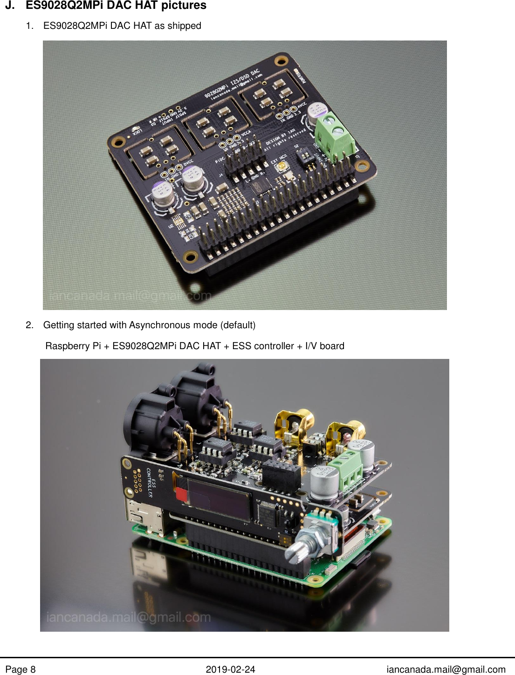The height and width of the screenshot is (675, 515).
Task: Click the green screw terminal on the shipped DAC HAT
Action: click(334, 135)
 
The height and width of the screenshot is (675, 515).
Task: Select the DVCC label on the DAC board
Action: click(188, 162)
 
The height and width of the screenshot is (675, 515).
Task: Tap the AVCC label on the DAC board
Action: click(302, 107)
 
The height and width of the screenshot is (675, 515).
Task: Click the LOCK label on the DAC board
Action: click(137, 132)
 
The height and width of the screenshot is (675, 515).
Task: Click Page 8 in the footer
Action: click(21, 669)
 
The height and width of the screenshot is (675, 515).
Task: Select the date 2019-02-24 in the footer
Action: click(230, 669)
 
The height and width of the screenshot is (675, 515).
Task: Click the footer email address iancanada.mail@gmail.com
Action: click(446, 669)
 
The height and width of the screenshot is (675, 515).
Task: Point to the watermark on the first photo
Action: click(130, 296)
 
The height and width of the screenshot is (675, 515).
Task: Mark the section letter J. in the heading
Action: click(10, 6)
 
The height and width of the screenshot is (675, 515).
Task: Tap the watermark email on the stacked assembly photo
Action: click(129, 617)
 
